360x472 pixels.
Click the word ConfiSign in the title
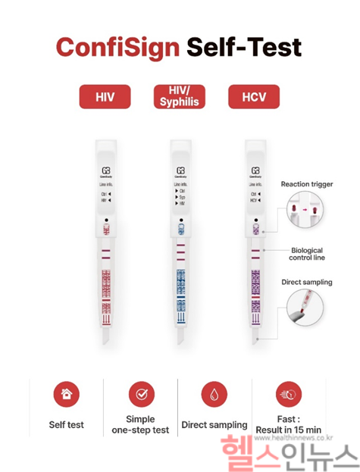point(117,47)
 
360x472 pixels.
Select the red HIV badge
point(105,97)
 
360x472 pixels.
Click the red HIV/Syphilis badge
point(180,96)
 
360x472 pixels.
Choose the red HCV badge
point(254,97)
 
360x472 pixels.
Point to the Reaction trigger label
point(307,183)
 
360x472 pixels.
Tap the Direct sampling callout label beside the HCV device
point(307,282)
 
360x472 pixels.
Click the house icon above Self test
point(67,394)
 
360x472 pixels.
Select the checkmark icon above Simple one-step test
point(141,394)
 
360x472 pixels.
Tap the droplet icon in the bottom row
point(214,394)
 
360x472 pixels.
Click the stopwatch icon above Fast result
point(288,394)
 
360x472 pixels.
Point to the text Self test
point(67,425)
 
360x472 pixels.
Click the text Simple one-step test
point(141,424)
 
